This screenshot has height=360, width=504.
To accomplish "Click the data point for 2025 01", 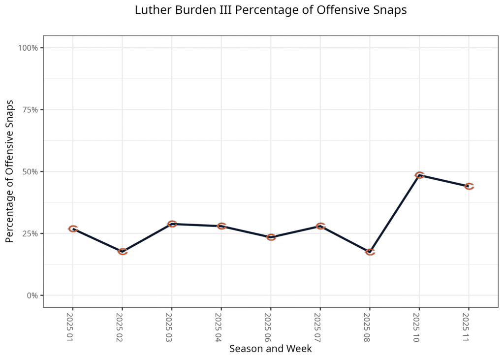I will click(73, 229).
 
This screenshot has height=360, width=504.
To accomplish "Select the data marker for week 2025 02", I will click(123, 252).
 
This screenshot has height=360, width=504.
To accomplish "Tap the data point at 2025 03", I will click(172, 224).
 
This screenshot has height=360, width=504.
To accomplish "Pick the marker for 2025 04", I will click(221, 226).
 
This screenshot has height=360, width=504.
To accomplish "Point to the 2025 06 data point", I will click(271, 237).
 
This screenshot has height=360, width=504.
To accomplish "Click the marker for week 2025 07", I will click(320, 226).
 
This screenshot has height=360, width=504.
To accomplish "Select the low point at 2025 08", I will click(370, 252).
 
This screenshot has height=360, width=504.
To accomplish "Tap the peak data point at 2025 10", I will click(419, 175).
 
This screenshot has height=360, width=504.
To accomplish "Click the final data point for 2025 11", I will click(469, 186).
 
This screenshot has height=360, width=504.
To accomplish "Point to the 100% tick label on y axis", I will click(29, 48).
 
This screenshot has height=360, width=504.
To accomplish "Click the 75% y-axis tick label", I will click(31, 110).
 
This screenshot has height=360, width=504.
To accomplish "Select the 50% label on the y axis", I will click(31, 171).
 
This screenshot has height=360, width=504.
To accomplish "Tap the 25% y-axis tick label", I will click(31, 233).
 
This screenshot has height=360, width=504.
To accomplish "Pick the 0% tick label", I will click(32, 295).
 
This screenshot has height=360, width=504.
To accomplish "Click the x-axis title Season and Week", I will click(271, 349).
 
